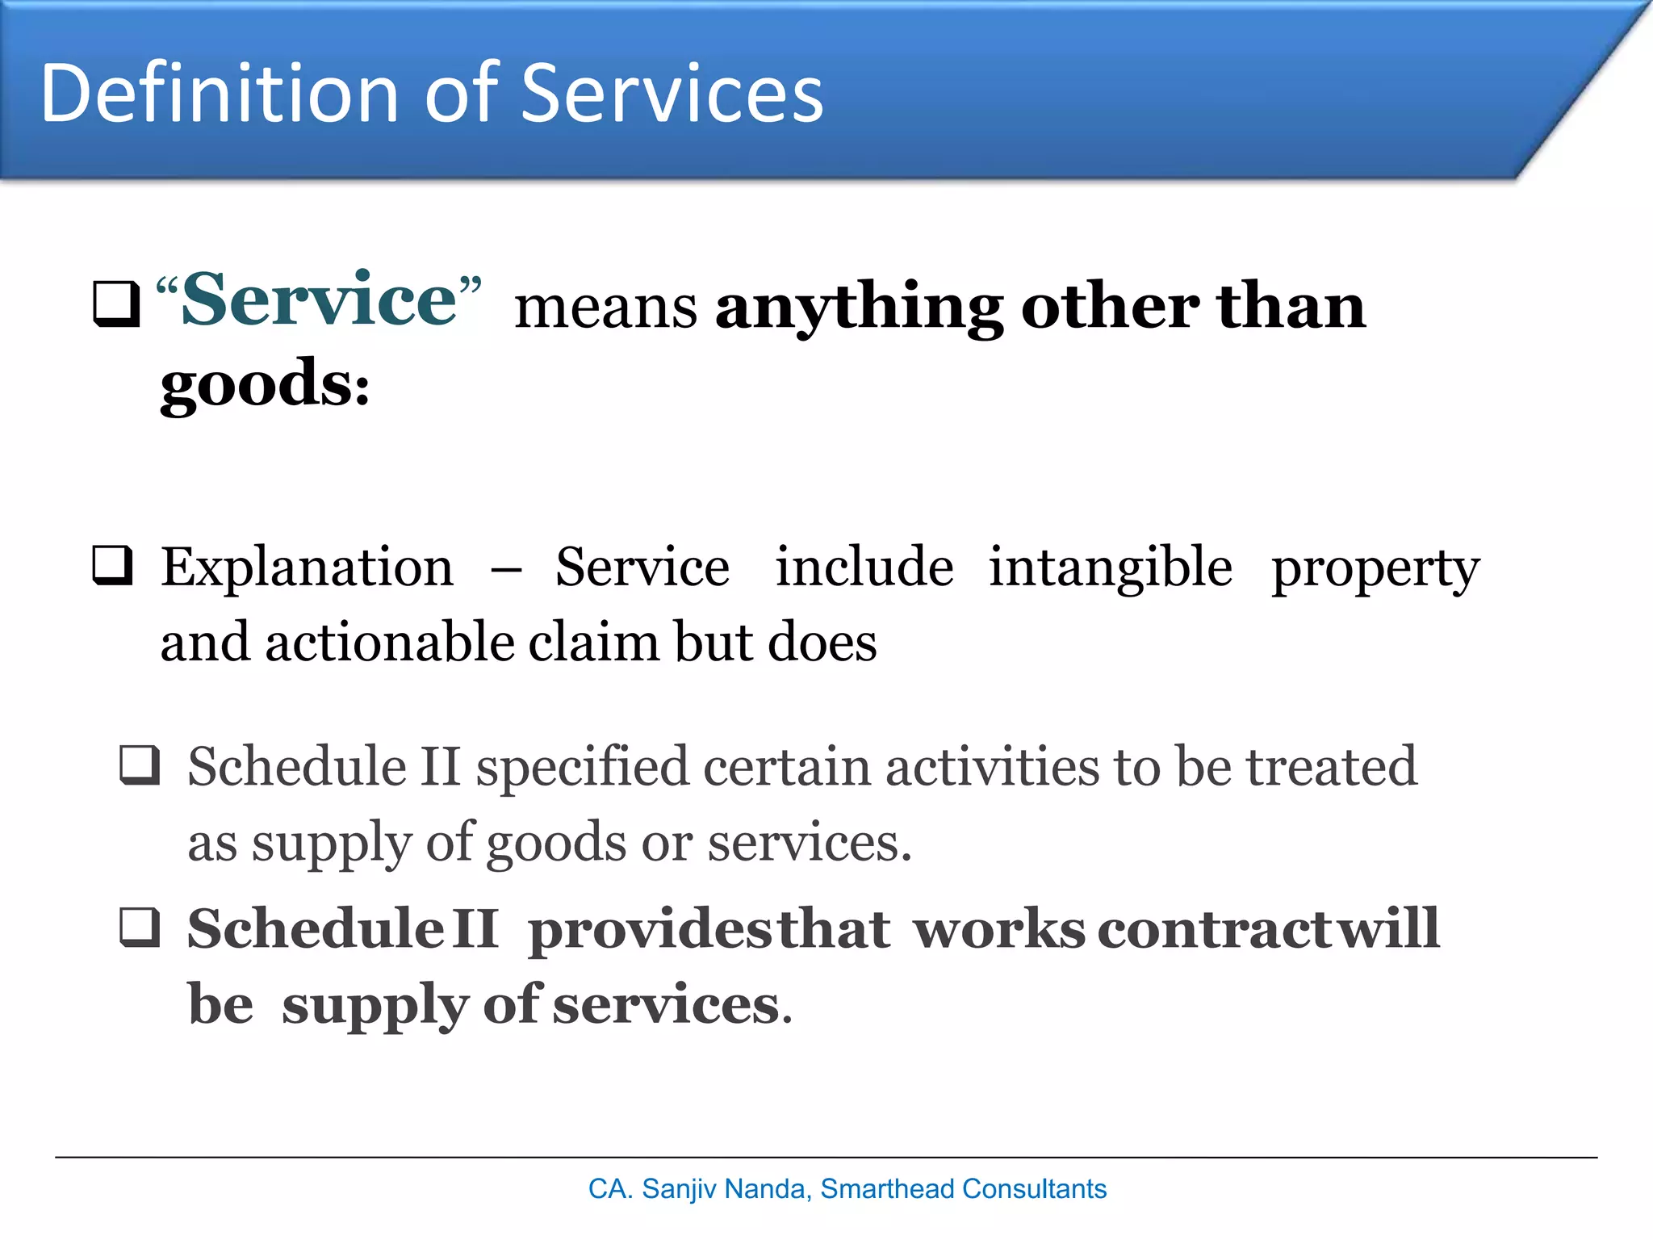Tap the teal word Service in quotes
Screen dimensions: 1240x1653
coord(320,300)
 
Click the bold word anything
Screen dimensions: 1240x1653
coord(859,309)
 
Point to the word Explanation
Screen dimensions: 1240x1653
coord(307,568)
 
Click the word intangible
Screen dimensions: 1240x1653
coord(1111,568)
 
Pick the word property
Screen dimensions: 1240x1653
coord(1375,570)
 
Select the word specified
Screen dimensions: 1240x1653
coord(582,768)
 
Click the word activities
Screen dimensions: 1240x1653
coord(992,768)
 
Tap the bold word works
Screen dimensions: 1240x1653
coord(999,929)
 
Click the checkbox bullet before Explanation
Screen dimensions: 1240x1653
coord(113,565)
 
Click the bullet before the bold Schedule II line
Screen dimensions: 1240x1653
coord(140,927)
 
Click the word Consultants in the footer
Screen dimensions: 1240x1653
coord(1034,1189)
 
